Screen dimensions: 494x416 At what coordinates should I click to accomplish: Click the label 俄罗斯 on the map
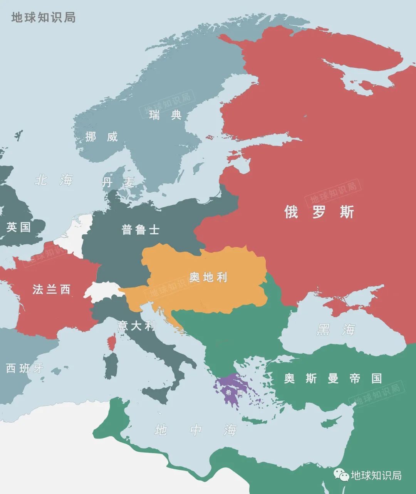[x=319, y=212]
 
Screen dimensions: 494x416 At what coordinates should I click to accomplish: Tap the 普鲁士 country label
[x=140, y=230]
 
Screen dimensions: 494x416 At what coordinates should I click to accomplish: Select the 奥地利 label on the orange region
[x=208, y=277]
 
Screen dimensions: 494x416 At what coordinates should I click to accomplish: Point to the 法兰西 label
[x=52, y=289]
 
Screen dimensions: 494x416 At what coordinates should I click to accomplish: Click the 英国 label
[x=18, y=227]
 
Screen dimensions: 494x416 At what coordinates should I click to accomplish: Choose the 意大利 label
[x=136, y=326]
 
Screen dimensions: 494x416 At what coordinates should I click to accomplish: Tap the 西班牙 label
[x=25, y=368]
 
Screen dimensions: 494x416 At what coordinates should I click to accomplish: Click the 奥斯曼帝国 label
[x=333, y=378]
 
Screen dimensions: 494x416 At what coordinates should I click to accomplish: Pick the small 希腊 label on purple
[x=234, y=393]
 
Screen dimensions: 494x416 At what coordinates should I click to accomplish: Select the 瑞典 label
[x=165, y=115]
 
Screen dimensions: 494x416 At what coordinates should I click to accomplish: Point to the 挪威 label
[x=101, y=136]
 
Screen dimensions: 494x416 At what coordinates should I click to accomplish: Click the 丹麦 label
[x=118, y=182]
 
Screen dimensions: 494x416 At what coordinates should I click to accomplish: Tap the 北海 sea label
[x=54, y=180]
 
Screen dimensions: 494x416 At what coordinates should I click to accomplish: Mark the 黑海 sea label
[x=336, y=330]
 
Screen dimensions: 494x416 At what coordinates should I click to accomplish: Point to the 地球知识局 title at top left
[x=43, y=18]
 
